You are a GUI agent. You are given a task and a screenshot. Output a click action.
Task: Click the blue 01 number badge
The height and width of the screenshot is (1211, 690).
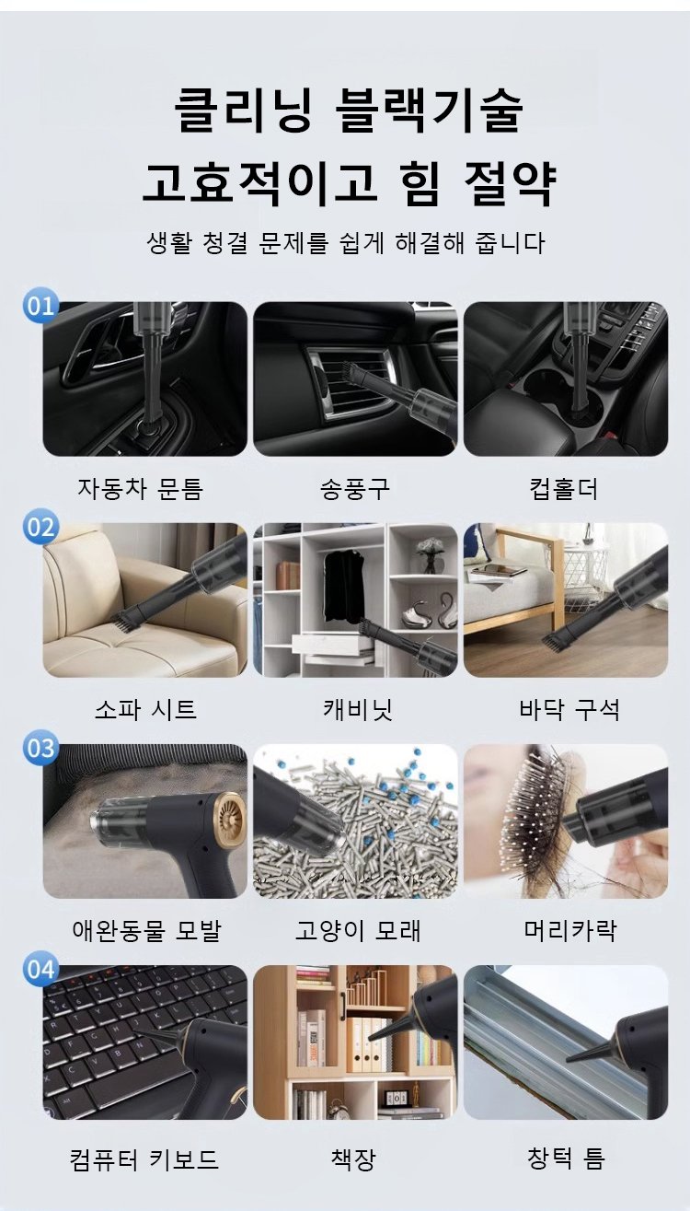tap(40, 306)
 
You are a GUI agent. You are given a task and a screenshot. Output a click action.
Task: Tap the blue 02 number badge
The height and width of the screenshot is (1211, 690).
tap(40, 527)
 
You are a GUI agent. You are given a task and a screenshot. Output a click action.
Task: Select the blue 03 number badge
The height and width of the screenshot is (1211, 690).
tap(40, 748)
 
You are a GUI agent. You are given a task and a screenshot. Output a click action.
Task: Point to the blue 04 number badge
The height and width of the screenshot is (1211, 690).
tap(40, 970)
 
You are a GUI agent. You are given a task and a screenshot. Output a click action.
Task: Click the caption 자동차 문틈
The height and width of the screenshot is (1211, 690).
tap(141, 489)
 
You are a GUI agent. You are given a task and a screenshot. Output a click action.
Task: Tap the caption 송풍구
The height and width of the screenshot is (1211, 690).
tap(355, 489)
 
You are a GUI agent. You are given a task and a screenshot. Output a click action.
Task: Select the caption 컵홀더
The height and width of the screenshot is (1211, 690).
tap(564, 489)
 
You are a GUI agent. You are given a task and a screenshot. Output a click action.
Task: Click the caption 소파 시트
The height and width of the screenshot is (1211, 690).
tap(145, 710)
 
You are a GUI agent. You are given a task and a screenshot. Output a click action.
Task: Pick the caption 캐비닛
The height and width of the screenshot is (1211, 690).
tap(357, 710)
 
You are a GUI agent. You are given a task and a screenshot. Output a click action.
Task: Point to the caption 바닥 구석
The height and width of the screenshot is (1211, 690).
tap(569, 710)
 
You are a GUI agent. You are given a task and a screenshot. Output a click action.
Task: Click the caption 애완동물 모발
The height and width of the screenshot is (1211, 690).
tap(147, 930)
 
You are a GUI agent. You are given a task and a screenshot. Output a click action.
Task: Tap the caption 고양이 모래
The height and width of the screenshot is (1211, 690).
tap(357, 930)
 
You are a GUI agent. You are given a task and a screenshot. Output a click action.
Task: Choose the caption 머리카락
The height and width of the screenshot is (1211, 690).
tap(570, 930)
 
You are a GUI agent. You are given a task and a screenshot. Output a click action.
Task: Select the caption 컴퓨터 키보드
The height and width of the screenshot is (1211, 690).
tap(144, 1159)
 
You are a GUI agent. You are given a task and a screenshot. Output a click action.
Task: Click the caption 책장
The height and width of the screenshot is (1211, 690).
tap(353, 1159)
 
